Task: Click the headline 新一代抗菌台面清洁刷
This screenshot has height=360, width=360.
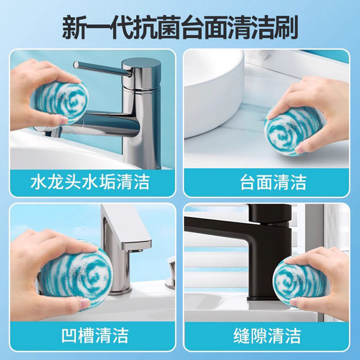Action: coord(180,28)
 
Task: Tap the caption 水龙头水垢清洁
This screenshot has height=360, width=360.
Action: coord(90,182)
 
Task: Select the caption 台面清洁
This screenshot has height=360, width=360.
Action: coord(273,182)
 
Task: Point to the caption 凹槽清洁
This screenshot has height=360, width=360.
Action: coord(95,335)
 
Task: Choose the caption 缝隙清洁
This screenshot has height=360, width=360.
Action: coord(267,335)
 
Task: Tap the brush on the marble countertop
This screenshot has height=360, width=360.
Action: coord(294,132)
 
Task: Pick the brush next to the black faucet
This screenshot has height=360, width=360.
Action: coord(301,282)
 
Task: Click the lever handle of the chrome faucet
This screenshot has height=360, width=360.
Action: coord(102,69)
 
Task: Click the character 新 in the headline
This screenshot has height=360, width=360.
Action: coord(74,28)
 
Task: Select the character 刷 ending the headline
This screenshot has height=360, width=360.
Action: coord(286,28)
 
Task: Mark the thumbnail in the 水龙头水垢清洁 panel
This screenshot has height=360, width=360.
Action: coord(92,110)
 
